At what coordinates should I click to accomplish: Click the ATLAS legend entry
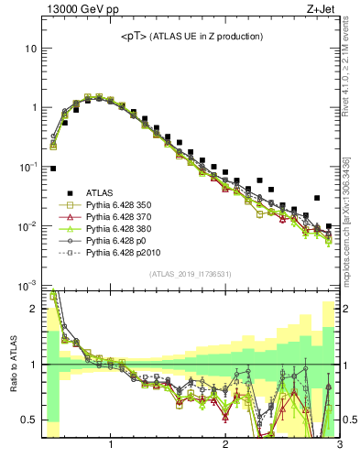(99, 192)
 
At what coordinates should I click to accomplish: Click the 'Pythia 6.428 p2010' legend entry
(124, 262)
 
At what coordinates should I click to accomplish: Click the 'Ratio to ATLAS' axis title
(12, 365)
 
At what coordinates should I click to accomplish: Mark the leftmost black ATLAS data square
(53, 169)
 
